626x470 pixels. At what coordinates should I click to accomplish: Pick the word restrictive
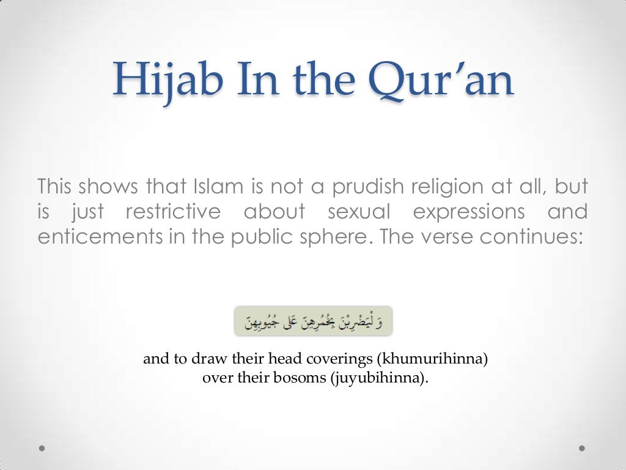[173, 211]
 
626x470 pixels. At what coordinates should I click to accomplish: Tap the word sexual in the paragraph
[359, 211]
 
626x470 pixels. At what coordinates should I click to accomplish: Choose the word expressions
[469, 211]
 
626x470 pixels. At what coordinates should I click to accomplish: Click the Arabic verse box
[313, 321]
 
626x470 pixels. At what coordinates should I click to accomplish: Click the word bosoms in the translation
[304, 378]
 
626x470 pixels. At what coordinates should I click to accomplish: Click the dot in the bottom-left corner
[42, 448]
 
